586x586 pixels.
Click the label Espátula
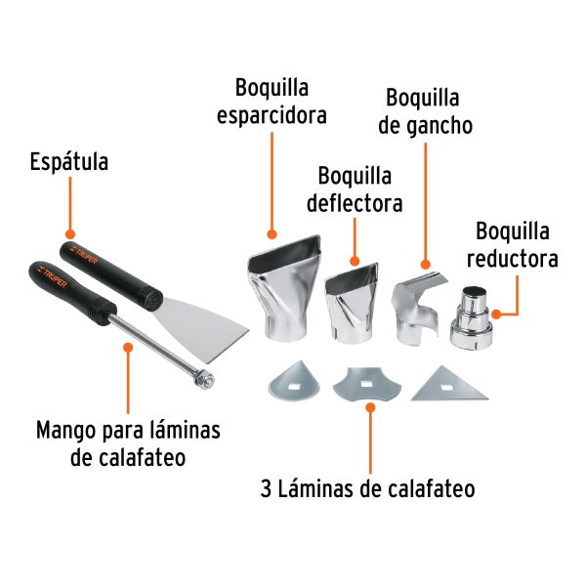coord(68,160)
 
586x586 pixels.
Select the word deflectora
coord(355,204)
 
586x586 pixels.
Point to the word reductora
coord(512,260)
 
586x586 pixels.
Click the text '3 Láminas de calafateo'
coord(368,487)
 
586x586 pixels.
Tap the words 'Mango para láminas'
coord(128,430)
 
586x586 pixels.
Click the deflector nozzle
coord(350,299)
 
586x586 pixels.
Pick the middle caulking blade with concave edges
coord(369,386)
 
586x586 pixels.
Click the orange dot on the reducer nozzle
coord(496,314)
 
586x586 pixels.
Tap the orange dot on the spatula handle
coord(68,233)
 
